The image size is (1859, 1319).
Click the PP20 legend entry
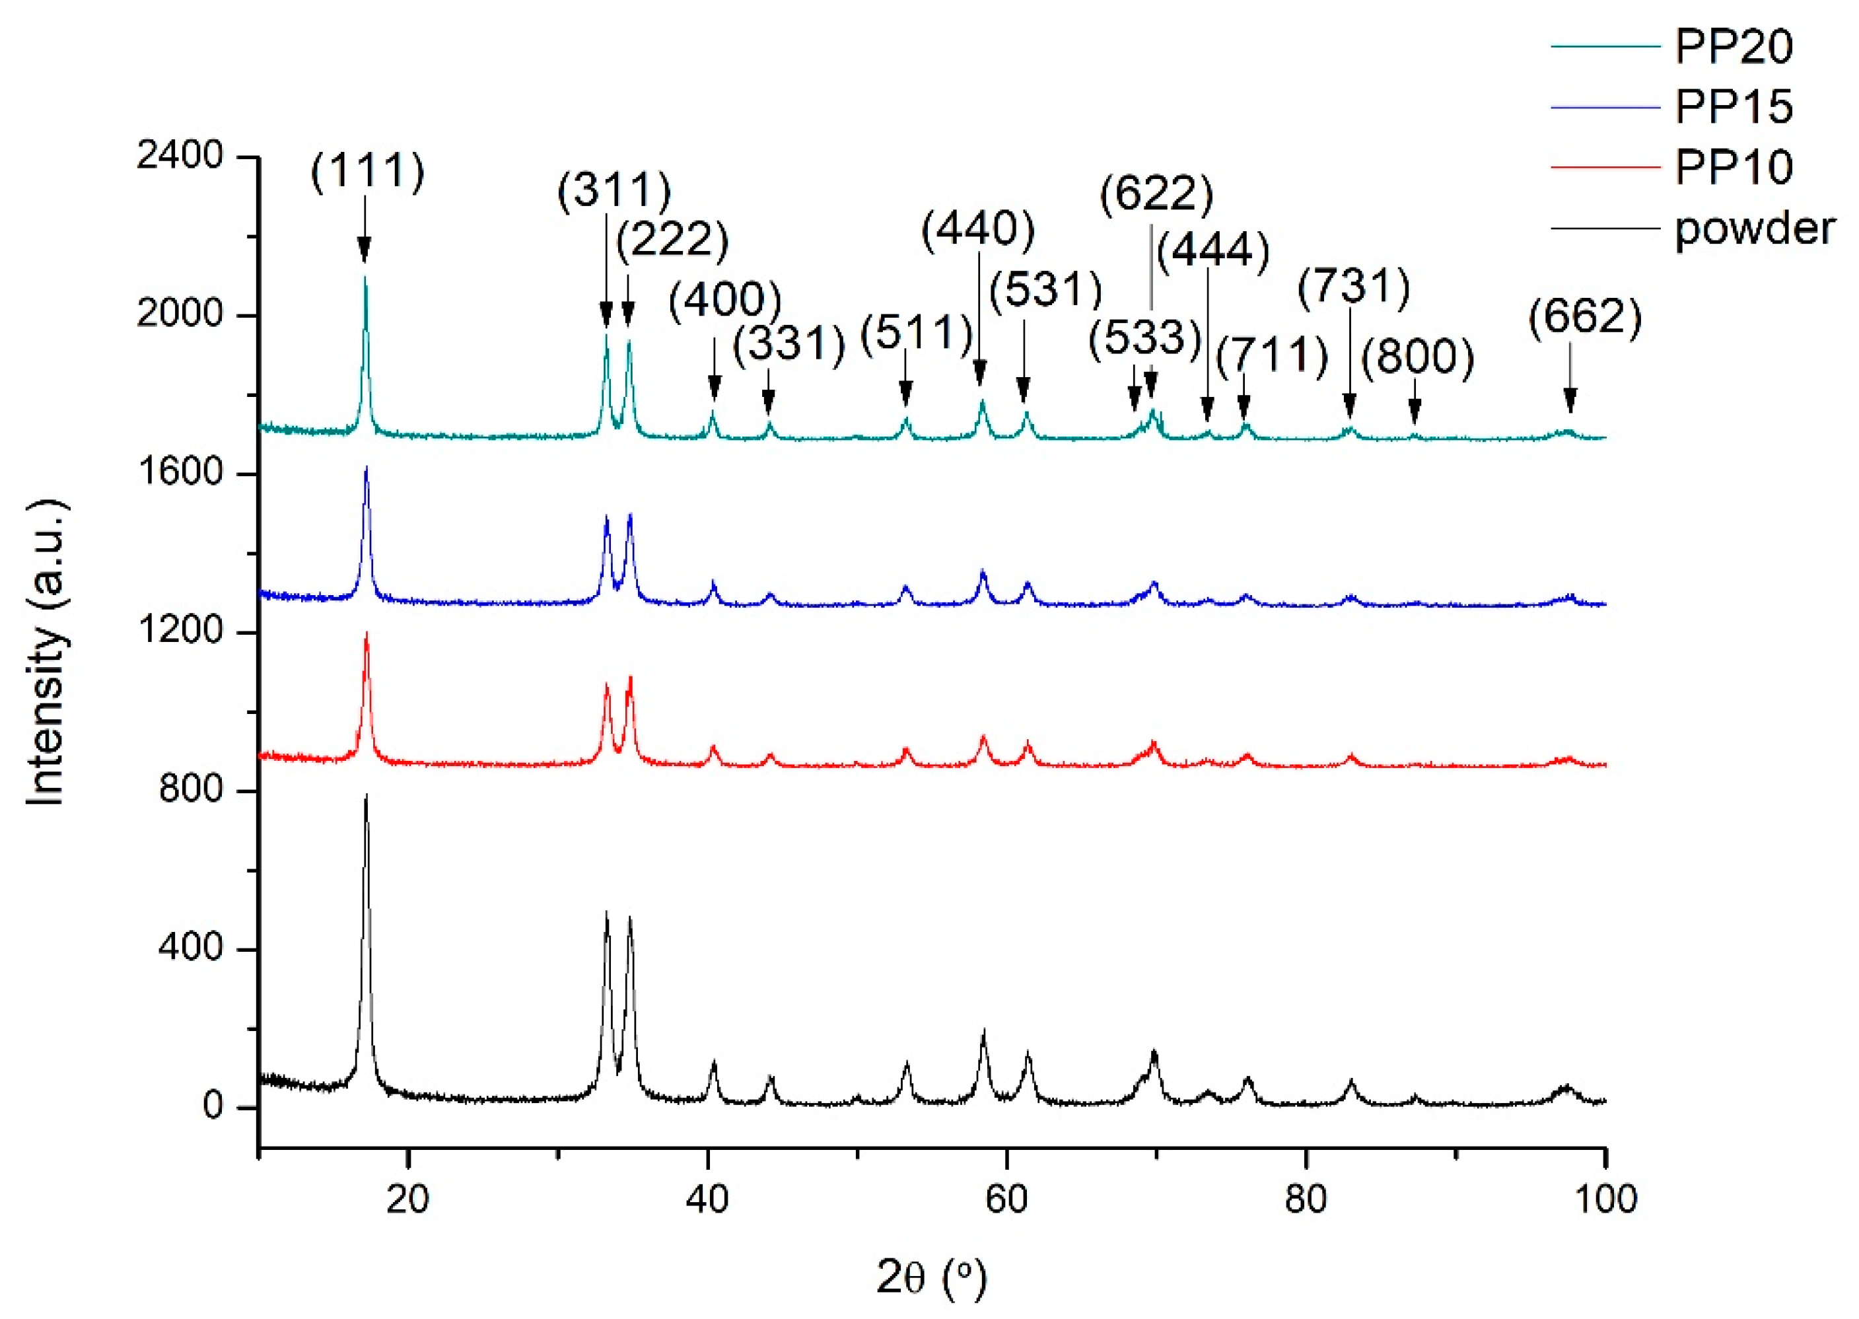coord(1732,46)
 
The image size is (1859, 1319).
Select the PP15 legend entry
coord(1732,106)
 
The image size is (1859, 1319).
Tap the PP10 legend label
coord(1733,167)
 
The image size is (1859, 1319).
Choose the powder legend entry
coord(1753,229)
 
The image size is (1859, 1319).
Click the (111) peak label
coord(367,171)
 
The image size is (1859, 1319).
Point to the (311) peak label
coord(614,190)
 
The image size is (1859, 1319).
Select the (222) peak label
coord(672,240)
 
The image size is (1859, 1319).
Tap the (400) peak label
coord(724,299)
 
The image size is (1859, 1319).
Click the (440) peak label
coord(978,229)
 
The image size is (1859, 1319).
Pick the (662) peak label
coord(1584,317)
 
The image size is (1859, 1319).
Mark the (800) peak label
coord(1417,357)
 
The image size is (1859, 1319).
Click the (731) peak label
coord(1353,287)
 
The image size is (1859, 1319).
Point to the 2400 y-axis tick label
coord(180,155)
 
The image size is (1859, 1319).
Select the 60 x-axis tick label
coord(1006,1199)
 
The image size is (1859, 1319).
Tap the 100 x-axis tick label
coord(1604,1199)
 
